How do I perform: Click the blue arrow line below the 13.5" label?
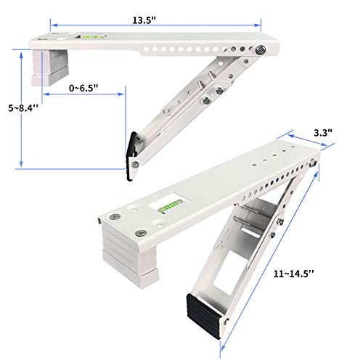[145, 25]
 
